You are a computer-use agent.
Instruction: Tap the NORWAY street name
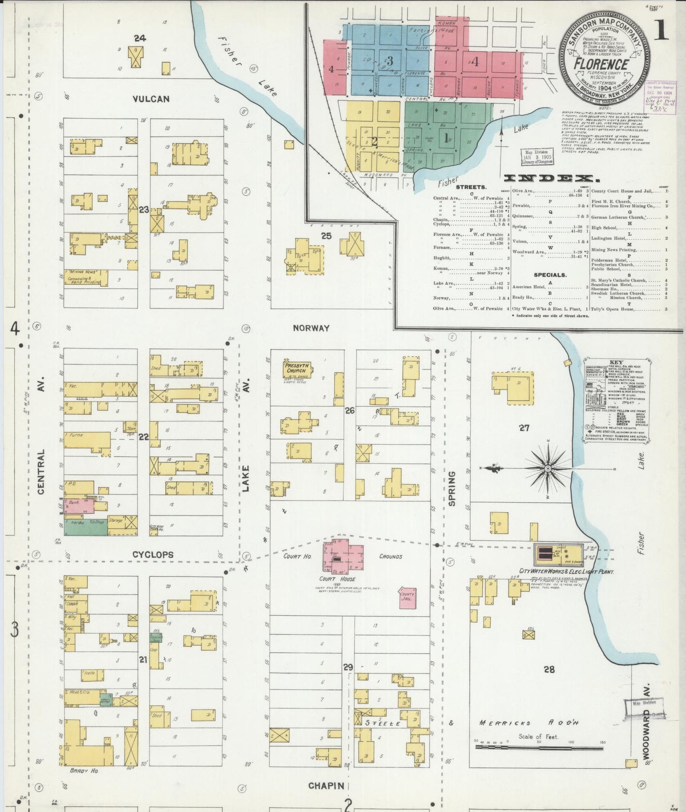click(311, 328)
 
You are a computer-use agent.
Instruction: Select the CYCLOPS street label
click(152, 554)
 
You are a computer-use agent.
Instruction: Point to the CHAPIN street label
click(326, 786)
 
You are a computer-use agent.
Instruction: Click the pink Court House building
click(343, 554)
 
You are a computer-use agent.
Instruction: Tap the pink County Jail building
click(407, 597)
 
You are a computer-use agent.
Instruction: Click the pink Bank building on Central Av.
click(78, 506)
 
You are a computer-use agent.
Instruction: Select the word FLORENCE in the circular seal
click(601, 65)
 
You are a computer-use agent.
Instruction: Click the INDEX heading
click(550, 178)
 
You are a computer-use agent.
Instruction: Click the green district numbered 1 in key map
click(446, 138)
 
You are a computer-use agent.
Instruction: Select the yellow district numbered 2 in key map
click(374, 141)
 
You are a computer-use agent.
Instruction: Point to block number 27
click(524, 428)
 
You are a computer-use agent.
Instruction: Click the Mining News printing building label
click(85, 277)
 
